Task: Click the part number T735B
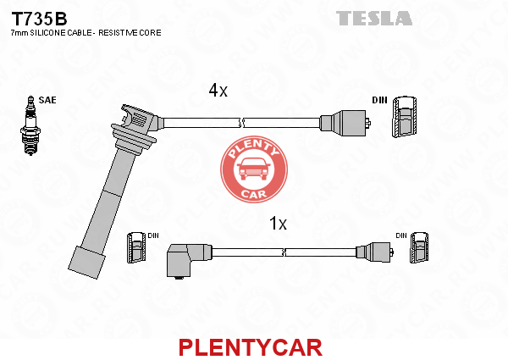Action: tap(39, 19)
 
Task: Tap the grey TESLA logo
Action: tap(374, 18)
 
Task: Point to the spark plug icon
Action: tap(30, 125)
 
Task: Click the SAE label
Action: tap(47, 100)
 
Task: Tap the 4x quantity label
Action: tap(218, 90)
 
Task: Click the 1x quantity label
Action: tap(278, 224)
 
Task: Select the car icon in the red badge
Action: tap(254, 169)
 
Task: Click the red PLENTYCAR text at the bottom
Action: tap(251, 347)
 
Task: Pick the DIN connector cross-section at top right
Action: tap(405, 117)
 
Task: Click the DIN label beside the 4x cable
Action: tap(379, 100)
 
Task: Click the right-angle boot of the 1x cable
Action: tap(189, 260)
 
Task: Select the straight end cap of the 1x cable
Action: tap(375, 252)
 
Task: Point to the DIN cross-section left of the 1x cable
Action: tap(135, 247)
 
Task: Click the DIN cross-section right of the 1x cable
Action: tap(419, 247)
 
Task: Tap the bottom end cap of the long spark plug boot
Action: tap(87, 263)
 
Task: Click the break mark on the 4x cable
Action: tap(241, 123)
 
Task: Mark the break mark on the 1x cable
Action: tap(284, 252)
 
